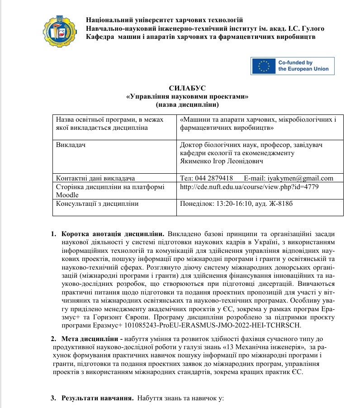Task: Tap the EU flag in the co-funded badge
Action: (x=264, y=66)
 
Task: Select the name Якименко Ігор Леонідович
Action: (x=219, y=161)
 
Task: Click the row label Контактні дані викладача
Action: (x=95, y=178)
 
